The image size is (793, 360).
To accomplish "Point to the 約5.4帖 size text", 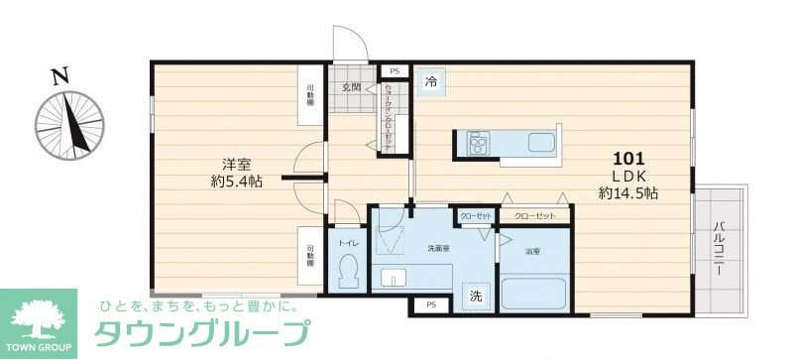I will tap(236, 182).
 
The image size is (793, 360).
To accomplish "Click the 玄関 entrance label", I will tap(353, 88).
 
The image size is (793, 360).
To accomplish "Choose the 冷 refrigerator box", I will tap(431, 81).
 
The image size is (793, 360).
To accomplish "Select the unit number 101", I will tap(629, 159).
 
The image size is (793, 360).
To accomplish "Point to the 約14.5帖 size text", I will tap(629, 193).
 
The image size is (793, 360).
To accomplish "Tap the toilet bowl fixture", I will tap(348, 271).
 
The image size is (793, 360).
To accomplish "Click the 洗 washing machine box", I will tap(476, 295).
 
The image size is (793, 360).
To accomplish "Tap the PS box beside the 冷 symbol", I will tap(394, 70).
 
